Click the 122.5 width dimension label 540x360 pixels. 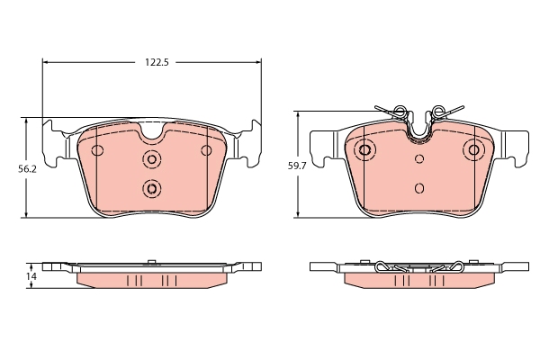tap(157, 62)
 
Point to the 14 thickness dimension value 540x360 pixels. tap(31, 277)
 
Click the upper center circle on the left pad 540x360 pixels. tap(151, 159)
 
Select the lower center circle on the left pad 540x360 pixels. tap(151, 188)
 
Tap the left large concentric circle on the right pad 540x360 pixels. tap(364, 150)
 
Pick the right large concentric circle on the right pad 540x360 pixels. tap(473, 150)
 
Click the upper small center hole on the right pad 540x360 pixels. tap(419, 159)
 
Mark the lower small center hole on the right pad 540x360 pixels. tap(419, 188)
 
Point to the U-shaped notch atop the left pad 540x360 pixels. tap(151, 133)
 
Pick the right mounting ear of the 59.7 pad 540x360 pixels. tap(515, 145)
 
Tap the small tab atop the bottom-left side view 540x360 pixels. tap(152, 262)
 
